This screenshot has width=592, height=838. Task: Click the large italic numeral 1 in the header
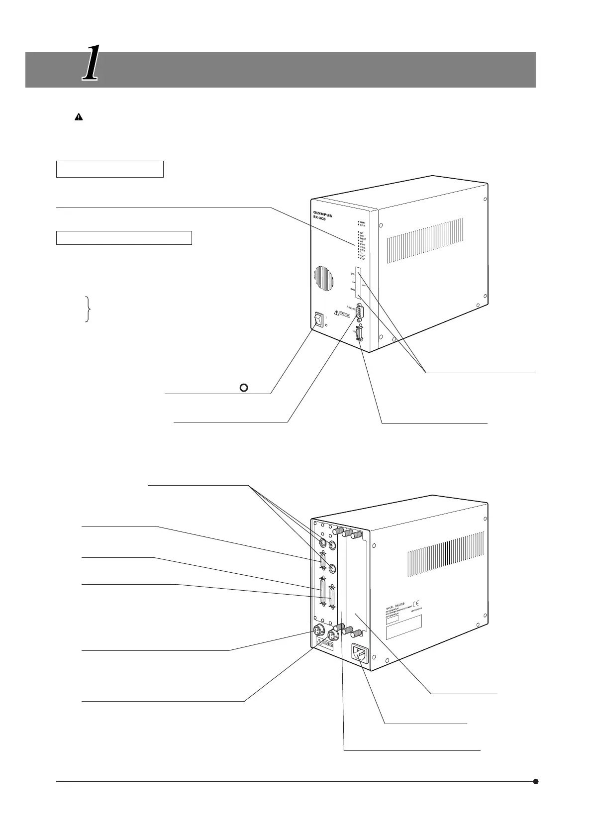pyautogui.click(x=90, y=63)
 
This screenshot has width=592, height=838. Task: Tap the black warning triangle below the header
pyautogui.click(x=79, y=117)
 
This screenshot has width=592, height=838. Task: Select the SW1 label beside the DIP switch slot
pyautogui.click(x=353, y=274)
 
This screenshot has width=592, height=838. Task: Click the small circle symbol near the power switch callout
pyautogui.click(x=244, y=388)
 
